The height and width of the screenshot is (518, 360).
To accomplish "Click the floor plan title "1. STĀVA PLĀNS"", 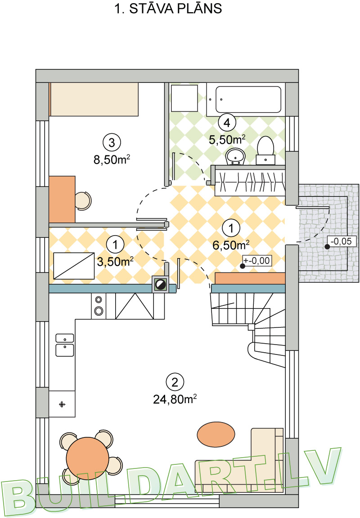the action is pyautogui.click(x=168, y=9).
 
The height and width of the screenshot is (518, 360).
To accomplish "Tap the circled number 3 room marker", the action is pyautogui.click(x=112, y=142).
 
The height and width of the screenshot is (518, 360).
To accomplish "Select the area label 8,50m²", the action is pyautogui.click(x=112, y=159).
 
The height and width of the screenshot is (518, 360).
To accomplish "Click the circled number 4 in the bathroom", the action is pyautogui.click(x=227, y=123).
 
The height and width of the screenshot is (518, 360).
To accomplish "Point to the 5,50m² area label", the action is pyautogui.click(x=227, y=140).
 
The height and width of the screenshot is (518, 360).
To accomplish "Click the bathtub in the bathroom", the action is pyautogui.click(x=246, y=100).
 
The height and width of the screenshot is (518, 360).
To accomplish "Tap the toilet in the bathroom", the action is pyautogui.click(x=265, y=150).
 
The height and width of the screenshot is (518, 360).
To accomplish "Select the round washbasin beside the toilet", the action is pyautogui.click(x=235, y=156).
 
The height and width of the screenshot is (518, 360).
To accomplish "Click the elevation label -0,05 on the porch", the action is pyautogui.click(x=342, y=241).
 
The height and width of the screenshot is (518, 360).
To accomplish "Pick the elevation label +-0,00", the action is pyautogui.click(x=257, y=261).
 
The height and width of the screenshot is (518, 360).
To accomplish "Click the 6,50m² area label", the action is pyautogui.click(x=231, y=245).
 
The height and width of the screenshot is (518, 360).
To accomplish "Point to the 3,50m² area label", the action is pyautogui.click(x=115, y=262).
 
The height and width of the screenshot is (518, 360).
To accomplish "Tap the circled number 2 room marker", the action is pyautogui.click(x=175, y=382).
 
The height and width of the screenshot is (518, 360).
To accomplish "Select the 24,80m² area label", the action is pyautogui.click(x=175, y=399).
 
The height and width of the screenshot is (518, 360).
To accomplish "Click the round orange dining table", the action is pyautogui.click(x=87, y=458).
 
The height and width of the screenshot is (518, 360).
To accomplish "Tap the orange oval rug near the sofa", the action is pyautogui.click(x=216, y=434).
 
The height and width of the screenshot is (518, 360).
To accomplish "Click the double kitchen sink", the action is pyautogui.click(x=65, y=345).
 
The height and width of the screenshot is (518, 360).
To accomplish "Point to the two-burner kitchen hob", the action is pyautogui.click(x=99, y=305).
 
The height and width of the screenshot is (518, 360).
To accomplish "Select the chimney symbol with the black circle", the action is pyautogui.click(x=161, y=285).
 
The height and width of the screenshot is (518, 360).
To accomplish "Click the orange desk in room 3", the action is pyautogui.click(x=62, y=199).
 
